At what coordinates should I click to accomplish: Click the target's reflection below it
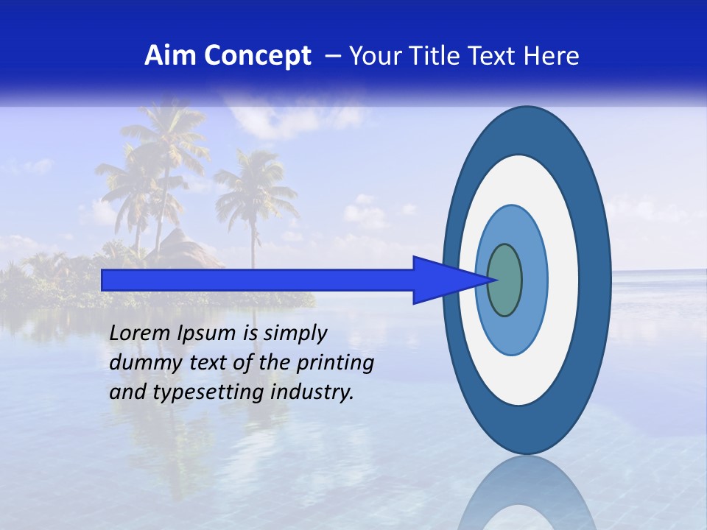tap(527, 493)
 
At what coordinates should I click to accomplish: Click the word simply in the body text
tap(295, 334)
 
